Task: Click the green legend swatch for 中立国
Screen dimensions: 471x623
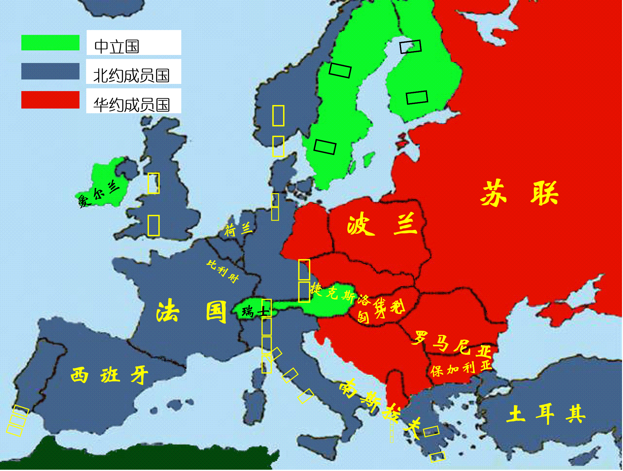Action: [x=50, y=43]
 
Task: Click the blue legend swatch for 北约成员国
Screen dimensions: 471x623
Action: [x=50, y=71]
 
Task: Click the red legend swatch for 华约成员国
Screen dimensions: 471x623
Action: [x=50, y=100]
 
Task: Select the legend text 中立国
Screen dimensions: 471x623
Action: [x=117, y=47]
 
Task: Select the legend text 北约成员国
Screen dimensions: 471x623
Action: [x=131, y=76]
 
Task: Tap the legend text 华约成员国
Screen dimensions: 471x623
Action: [x=131, y=105]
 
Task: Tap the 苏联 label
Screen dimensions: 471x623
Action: [x=519, y=193]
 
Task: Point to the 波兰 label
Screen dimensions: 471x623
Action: [x=382, y=224]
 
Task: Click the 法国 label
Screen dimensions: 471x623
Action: [x=191, y=311]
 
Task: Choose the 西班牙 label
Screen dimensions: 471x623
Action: [x=109, y=375]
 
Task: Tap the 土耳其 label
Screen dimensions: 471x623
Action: [x=545, y=414]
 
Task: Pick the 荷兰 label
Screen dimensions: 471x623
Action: [x=238, y=230]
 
